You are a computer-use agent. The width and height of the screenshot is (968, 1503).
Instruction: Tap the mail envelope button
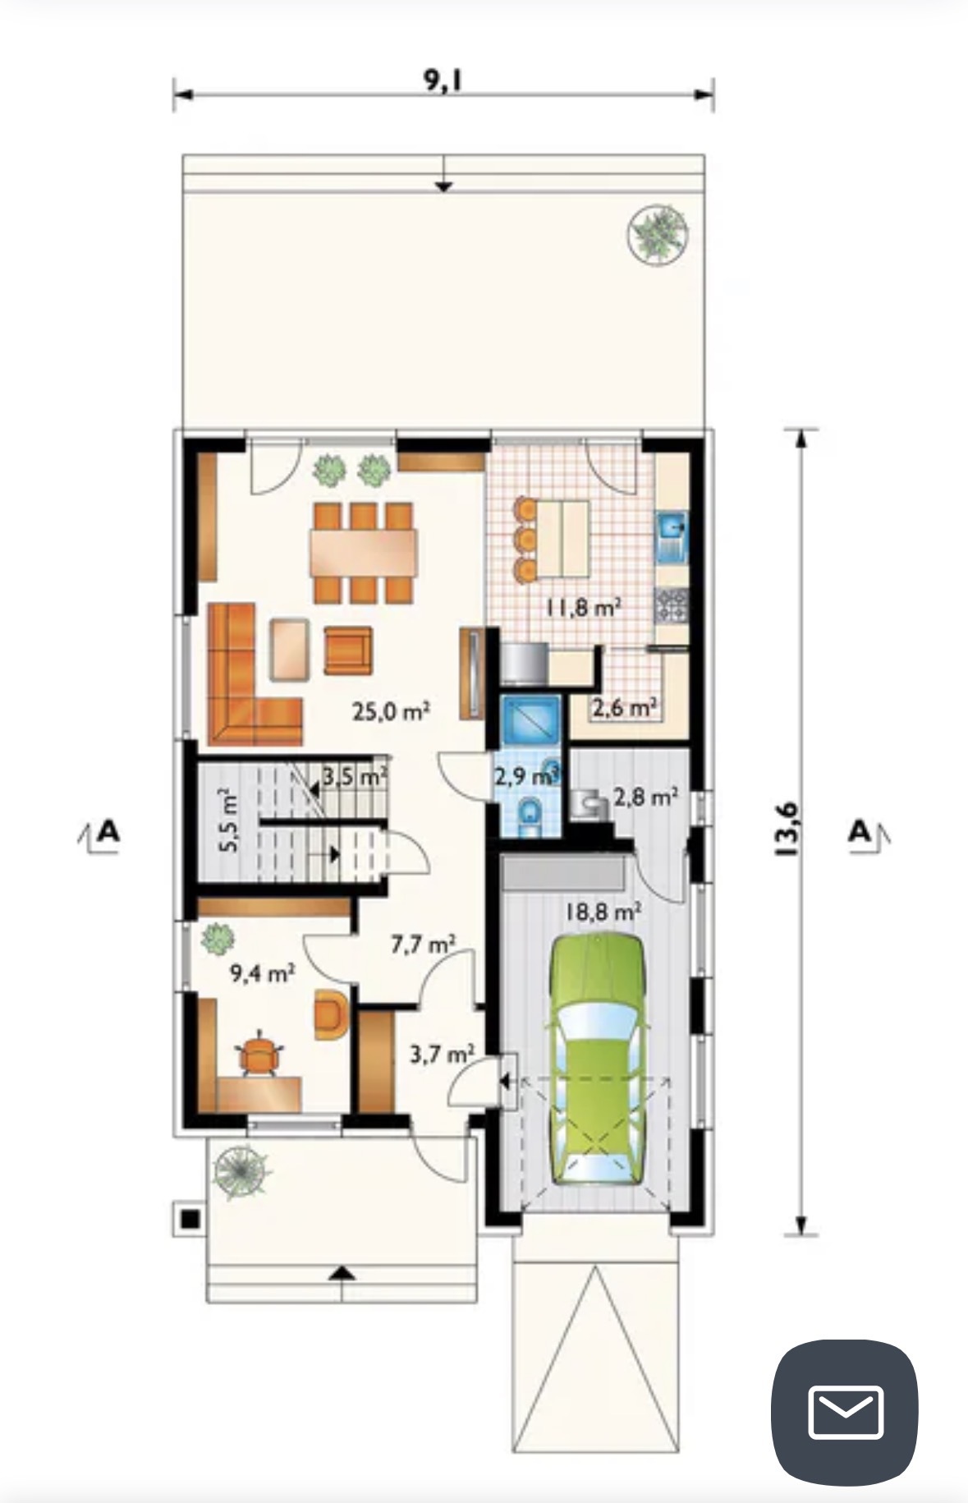845,1412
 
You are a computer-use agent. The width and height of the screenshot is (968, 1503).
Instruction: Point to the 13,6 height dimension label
785,830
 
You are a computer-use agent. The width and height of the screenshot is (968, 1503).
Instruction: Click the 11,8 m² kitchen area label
583,608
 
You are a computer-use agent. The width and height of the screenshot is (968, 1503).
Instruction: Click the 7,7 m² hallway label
423,945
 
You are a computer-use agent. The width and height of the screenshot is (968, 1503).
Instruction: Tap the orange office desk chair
260,1054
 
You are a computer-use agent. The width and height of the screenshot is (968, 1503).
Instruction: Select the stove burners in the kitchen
671,606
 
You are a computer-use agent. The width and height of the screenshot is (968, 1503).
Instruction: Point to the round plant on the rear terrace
657,232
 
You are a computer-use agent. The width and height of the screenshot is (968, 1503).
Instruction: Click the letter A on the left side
108,831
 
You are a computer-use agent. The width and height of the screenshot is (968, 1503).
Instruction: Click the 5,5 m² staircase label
229,820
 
